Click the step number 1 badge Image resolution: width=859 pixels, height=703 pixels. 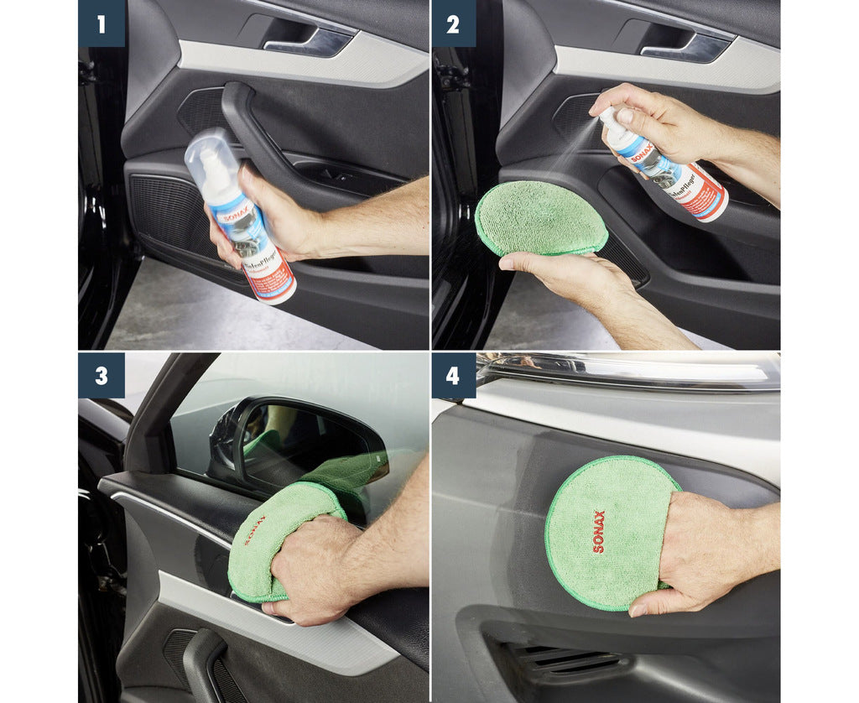click(x=102, y=23)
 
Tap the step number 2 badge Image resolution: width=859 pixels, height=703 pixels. click(x=453, y=23)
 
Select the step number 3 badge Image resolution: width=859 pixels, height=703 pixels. click(x=102, y=375)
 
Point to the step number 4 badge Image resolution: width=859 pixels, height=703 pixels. click(x=453, y=375)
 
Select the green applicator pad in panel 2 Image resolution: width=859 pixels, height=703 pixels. click(x=540, y=217)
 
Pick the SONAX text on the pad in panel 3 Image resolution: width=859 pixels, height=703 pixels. click(x=254, y=531)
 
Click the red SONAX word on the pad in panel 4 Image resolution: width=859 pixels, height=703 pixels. click(x=598, y=531)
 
